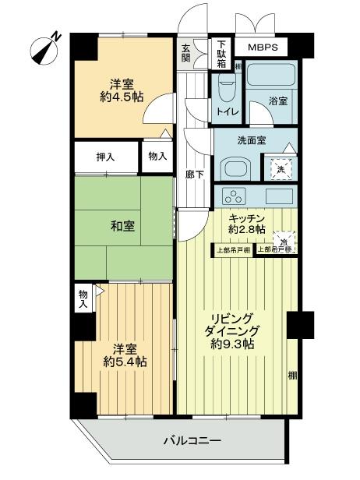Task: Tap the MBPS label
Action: tap(263, 48)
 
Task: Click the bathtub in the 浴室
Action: tap(269, 77)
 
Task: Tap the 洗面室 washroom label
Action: tap(252, 140)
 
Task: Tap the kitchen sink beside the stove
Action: tap(277, 195)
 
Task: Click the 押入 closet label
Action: tap(105, 157)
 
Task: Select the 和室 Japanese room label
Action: tap(122, 226)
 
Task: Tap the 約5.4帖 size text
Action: tap(123, 362)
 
